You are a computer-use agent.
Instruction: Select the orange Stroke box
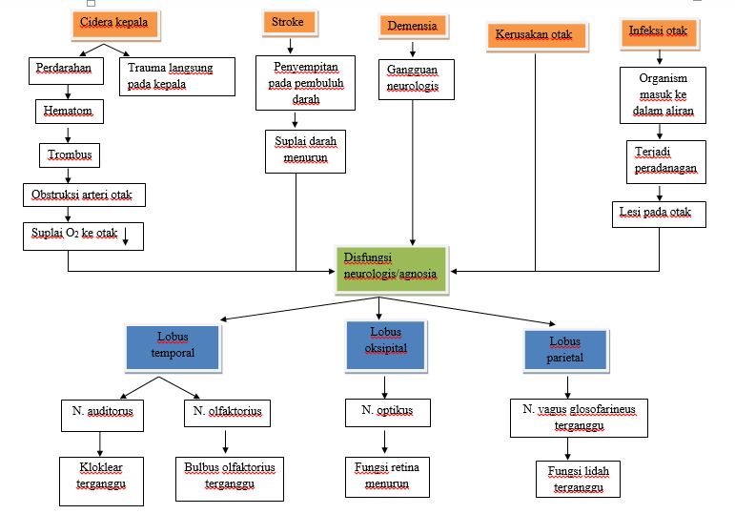(289, 23)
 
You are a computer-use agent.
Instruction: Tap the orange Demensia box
(413, 27)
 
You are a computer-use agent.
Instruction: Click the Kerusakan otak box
(534, 36)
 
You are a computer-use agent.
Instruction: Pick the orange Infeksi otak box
(658, 32)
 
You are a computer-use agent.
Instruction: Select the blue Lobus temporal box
(173, 345)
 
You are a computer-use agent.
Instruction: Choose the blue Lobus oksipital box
(386, 340)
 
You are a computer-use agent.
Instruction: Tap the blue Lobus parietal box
(564, 349)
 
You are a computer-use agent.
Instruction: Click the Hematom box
(69, 112)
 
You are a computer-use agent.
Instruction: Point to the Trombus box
(68, 154)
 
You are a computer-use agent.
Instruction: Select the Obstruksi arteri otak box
(85, 195)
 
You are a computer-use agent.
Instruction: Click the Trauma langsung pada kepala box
(177, 76)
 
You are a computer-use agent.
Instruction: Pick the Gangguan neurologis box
(412, 79)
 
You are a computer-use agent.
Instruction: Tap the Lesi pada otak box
(659, 214)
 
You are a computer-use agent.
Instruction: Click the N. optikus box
(386, 412)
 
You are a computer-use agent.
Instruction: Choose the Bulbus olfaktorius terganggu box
(228, 475)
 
